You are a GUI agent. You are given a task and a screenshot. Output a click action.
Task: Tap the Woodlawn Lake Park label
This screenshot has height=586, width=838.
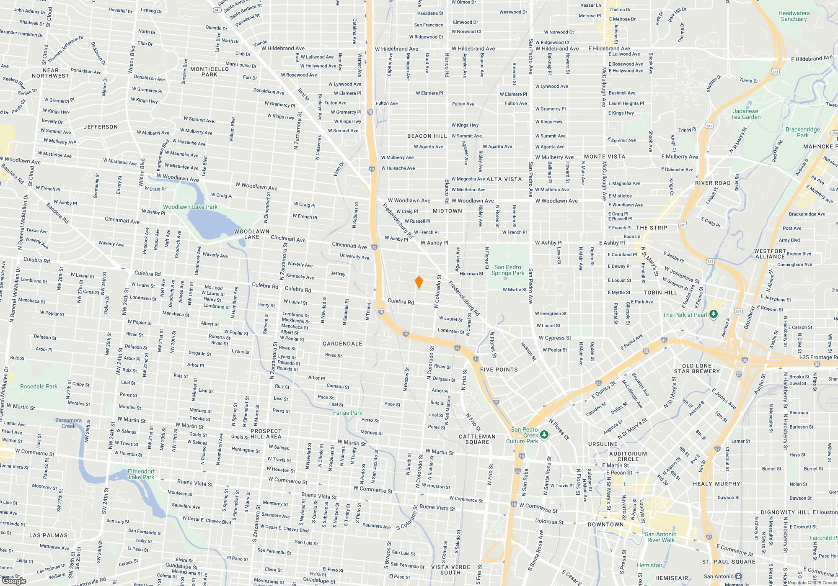tap(190, 207)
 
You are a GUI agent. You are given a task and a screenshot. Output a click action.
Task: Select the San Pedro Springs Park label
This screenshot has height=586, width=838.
tap(507, 270)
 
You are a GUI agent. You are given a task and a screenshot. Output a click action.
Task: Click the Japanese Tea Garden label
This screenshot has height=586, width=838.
tap(745, 114)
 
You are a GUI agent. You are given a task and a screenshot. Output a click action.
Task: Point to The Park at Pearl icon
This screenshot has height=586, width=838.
tap(714, 314)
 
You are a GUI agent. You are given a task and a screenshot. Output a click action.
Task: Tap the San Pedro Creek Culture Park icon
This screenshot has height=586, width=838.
tap(544, 435)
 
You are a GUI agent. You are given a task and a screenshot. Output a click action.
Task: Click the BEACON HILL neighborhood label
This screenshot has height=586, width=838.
tap(427, 136)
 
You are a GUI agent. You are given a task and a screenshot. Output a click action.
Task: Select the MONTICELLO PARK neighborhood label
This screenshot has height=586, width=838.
tap(209, 72)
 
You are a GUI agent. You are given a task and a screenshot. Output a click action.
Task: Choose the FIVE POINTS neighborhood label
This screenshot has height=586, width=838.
tap(499, 370)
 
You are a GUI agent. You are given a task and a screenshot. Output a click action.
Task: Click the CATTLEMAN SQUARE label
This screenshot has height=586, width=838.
tap(477, 439)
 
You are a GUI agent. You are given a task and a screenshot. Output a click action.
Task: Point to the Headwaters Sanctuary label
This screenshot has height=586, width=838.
tap(794, 16)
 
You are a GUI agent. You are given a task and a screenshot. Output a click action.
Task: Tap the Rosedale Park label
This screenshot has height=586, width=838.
tap(39, 386)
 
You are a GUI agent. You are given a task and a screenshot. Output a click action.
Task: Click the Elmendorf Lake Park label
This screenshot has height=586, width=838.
tap(141, 474)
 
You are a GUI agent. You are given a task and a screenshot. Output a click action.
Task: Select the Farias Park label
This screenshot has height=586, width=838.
tap(347, 413)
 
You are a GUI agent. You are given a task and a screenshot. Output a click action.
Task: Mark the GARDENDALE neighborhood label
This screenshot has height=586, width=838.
tap(342, 344)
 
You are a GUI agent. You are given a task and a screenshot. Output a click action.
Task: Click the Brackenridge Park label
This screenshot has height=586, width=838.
tap(802, 132)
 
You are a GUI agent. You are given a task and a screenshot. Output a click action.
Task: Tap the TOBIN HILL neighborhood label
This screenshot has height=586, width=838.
tap(660, 293)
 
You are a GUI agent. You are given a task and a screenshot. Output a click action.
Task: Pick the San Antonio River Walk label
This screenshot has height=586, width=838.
tap(660, 537)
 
